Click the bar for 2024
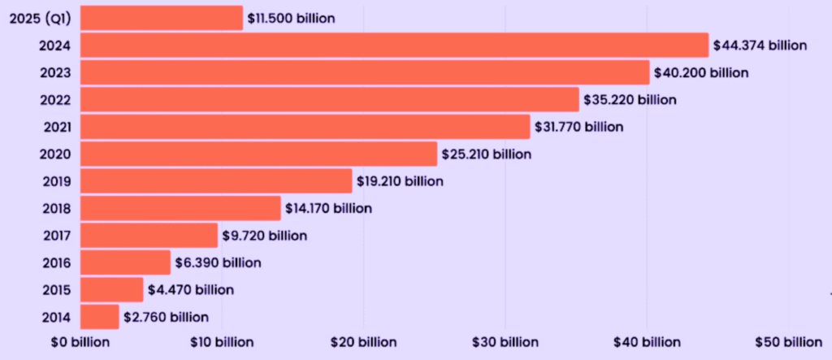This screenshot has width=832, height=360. click(395, 46)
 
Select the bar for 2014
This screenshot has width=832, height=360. click(100, 317)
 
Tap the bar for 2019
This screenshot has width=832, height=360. click(216, 180)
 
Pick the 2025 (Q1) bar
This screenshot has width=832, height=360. click(162, 18)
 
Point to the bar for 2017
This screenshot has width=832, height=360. click(149, 235)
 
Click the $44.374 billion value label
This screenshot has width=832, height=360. click(760, 46)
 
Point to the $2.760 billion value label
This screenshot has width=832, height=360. click(166, 317)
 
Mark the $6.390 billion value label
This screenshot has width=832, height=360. click(218, 262)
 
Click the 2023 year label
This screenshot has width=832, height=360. click(54, 72)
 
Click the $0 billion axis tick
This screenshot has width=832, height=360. click(78, 342)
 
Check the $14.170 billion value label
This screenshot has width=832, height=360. click(328, 208)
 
